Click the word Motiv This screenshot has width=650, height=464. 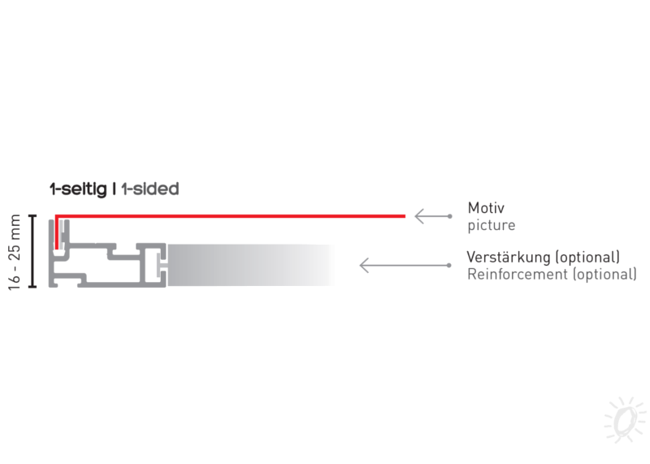pos(484,207)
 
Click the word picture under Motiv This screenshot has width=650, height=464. pos(491,224)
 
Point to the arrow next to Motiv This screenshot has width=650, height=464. pos(430,216)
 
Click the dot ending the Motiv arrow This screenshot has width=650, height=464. pos(449,216)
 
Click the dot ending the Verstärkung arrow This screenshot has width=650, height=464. pos(449,265)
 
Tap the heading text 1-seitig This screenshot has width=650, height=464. pos(79,189)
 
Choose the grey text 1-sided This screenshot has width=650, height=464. pos(150,189)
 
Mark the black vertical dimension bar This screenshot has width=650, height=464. pos(32,252)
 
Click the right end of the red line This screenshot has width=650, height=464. pos(403,216)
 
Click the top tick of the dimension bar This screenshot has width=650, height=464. pos(32,216)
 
